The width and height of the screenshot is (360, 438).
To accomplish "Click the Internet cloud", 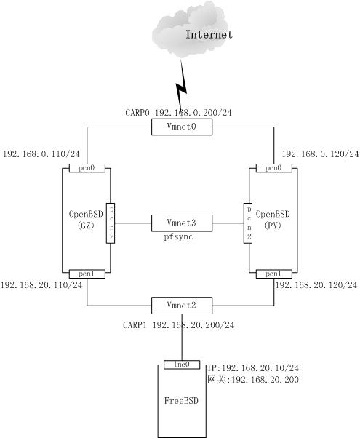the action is [190, 29].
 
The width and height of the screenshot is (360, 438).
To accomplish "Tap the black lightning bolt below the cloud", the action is [182, 86].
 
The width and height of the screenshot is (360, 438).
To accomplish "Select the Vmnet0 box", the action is [182, 127].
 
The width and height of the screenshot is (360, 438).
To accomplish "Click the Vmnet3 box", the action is [182, 223].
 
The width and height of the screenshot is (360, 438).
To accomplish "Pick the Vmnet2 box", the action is [182, 306].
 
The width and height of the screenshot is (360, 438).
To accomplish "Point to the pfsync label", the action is [178, 237].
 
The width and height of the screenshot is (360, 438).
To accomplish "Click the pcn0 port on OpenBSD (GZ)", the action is [87, 168].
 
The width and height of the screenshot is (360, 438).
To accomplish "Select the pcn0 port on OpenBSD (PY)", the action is [274, 168].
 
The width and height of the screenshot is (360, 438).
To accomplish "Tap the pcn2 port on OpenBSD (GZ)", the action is [111, 223].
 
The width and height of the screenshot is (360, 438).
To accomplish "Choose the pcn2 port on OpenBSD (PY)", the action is [248, 223].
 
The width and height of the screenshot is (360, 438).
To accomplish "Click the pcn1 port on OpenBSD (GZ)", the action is [87, 274].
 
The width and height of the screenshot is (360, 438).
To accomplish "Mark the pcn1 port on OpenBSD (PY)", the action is [274, 274].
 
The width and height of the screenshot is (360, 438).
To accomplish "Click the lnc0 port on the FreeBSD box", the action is [182, 365].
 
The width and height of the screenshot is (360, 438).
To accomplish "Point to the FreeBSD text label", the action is [181, 401].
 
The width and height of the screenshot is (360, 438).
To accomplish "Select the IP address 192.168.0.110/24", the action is [41, 154].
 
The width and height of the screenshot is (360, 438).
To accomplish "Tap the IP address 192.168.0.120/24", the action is [320, 154].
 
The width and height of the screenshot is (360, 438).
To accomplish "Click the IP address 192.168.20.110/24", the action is [41, 285].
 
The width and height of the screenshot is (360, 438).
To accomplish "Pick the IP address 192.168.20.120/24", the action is [316, 285].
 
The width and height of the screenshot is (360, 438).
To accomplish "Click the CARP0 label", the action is [137, 113].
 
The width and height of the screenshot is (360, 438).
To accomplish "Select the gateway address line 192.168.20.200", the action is [253, 380].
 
